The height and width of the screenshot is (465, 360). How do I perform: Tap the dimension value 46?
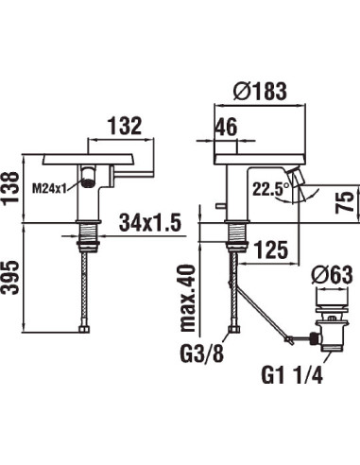coord(225,126)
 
